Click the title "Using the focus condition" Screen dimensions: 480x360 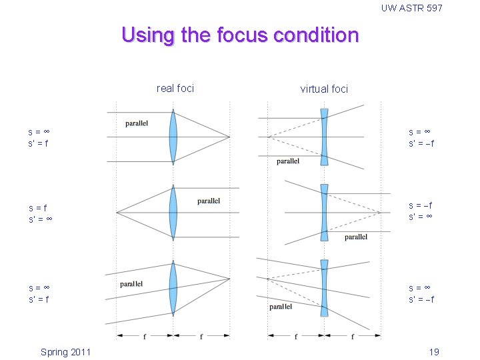pyautogui.click(x=240, y=35)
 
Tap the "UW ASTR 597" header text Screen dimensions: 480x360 pyautogui.click(x=411, y=8)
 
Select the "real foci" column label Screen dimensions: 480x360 pyautogui.click(x=175, y=88)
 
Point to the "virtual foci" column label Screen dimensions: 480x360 pyautogui.click(x=324, y=89)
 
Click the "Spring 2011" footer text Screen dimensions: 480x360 pyautogui.click(x=65, y=352)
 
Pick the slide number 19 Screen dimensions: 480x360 pyautogui.click(x=434, y=352)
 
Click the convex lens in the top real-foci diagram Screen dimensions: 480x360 pyautogui.click(x=173, y=137)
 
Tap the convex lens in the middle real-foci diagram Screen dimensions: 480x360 pyautogui.click(x=173, y=213)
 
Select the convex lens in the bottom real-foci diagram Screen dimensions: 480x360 pyautogui.click(x=173, y=288)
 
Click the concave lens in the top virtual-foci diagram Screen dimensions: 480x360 pyautogui.click(x=324, y=137)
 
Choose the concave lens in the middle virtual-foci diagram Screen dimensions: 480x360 pyautogui.click(x=324, y=212)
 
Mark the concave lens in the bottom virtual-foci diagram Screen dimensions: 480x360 pyautogui.click(x=324, y=288)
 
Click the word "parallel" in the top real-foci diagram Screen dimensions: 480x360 pyautogui.click(x=137, y=123)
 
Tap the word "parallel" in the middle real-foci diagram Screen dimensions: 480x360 pyautogui.click(x=209, y=201)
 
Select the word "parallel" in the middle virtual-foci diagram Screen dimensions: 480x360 pyautogui.click(x=356, y=237)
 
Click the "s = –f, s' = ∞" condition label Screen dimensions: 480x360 pyautogui.click(x=421, y=212)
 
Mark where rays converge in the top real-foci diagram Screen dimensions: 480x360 pyautogui.click(x=229, y=137)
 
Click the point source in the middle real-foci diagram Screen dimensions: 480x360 pyautogui.click(x=117, y=213)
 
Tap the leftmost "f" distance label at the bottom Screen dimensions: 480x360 pyautogui.click(x=145, y=337)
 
